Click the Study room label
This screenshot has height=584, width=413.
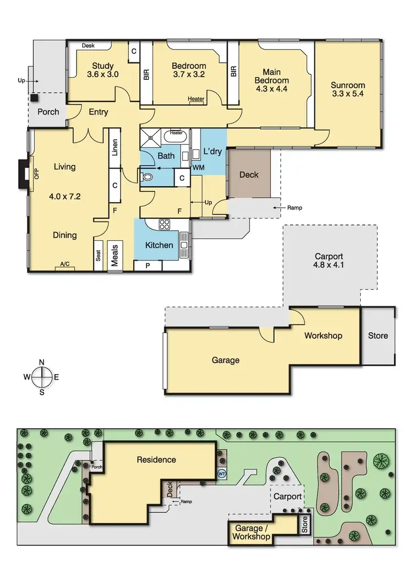[x=102, y=64]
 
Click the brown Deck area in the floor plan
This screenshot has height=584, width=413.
[x=249, y=175]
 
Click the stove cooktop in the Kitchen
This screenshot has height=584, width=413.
[x=165, y=224]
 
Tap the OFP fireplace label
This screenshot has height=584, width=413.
[x=37, y=174]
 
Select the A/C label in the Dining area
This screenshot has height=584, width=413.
[x=65, y=264]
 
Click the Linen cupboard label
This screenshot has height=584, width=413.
[x=115, y=147]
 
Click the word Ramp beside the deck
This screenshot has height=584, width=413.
[x=294, y=208]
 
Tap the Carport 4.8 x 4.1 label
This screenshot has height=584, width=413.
[x=329, y=261]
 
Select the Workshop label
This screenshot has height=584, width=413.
[x=323, y=336]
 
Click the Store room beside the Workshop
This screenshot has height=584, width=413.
[x=378, y=336]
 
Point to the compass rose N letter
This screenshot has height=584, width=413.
[x=42, y=362]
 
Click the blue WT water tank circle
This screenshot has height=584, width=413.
[x=222, y=473]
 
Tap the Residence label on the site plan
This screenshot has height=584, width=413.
[x=157, y=459]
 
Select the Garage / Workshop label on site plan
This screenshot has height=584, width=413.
[x=252, y=532]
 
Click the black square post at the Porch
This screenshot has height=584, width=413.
[x=34, y=98]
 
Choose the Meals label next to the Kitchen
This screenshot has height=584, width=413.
[x=115, y=256]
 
